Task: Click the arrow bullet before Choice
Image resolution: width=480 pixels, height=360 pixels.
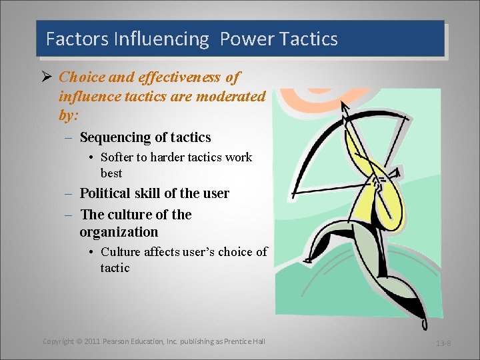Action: tap(47, 78)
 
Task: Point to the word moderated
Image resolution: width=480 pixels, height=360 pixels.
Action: tap(232, 97)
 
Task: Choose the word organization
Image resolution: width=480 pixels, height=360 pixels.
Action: tap(119, 232)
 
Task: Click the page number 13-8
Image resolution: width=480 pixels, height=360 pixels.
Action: tap(443, 343)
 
